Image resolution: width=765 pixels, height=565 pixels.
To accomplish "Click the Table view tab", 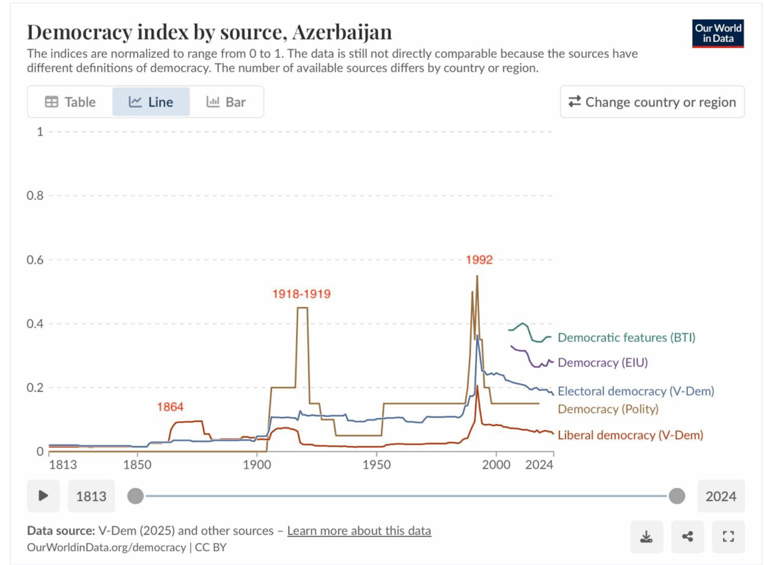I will [x=70, y=102].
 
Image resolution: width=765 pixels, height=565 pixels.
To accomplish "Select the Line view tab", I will [x=151, y=102].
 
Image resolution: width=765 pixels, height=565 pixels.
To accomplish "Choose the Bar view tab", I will [x=226, y=102].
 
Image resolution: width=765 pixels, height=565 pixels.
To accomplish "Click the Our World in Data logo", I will [x=717, y=33].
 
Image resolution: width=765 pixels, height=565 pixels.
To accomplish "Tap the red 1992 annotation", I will [x=479, y=260].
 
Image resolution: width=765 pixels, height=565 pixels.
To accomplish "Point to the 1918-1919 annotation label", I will [x=302, y=294].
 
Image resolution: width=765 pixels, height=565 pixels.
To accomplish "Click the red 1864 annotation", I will [x=169, y=407].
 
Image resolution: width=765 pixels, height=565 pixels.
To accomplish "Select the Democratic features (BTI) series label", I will [x=626, y=337].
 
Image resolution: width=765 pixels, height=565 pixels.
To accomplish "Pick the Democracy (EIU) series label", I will [x=602, y=362].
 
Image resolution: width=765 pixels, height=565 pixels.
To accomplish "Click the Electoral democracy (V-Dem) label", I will [x=636, y=391].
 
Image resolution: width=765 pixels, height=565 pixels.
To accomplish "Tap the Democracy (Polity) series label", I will [x=608, y=409].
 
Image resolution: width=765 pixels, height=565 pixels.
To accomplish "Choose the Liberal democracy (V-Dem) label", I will [x=630, y=435].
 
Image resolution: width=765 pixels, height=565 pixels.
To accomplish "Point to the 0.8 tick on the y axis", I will [x=34, y=195].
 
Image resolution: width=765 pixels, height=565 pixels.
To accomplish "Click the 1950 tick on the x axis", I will [x=376, y=465].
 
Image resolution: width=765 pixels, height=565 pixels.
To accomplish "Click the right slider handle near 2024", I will [x=677, y=495].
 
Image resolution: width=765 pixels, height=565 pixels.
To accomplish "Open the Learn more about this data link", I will [x=359, y=531].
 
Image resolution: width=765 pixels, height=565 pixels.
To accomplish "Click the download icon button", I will [x=647, y=537].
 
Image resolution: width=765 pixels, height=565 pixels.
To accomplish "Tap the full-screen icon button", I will [x=728, y=537].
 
